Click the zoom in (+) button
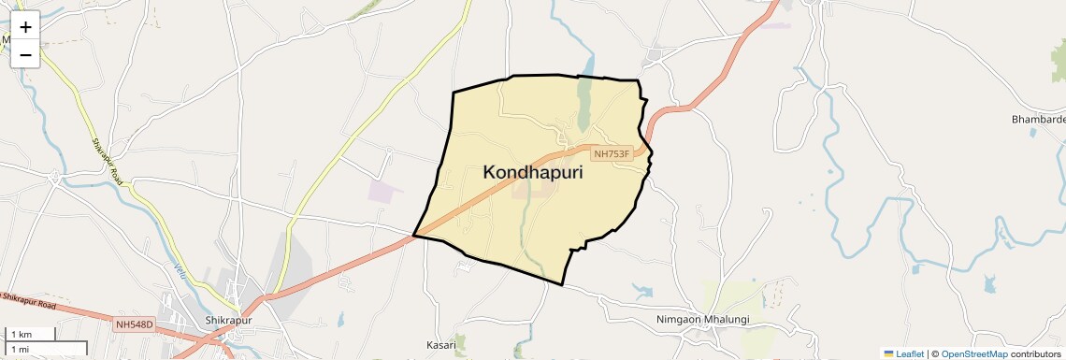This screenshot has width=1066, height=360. tap(25, 27)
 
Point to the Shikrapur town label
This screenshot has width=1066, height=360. tap(228, 321)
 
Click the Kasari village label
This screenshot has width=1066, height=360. tap(440, 345)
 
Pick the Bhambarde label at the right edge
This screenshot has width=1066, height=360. tap(1038, 121)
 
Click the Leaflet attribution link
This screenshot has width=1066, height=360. tap(910, 354)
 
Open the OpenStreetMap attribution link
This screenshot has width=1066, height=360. tap(974, 354)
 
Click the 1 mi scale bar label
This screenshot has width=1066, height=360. tap(20, 349)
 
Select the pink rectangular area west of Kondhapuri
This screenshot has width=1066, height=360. tap(384, 191)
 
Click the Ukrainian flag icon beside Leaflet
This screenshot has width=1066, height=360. tap(888, 354)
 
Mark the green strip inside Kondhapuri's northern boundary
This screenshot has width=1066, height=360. tap(585, 103)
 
